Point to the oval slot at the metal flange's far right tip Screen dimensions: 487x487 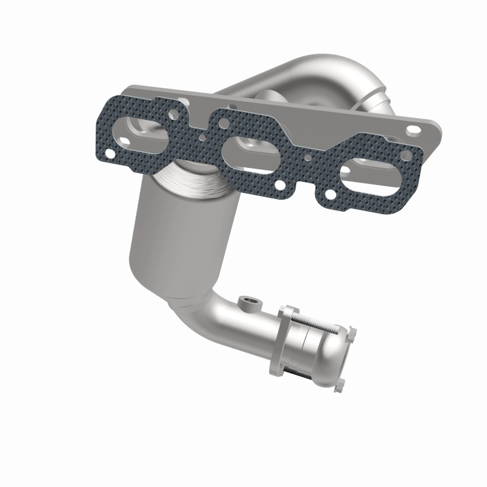tap(413, 129)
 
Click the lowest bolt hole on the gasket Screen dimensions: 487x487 tap(329, 195)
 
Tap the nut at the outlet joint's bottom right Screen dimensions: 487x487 tap(340, 382)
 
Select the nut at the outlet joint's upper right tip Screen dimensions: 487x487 tap(351, 332)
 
